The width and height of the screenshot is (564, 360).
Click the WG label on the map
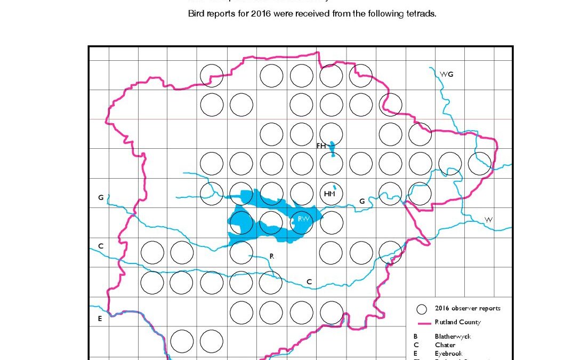[446, 74]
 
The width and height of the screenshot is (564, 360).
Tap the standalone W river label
[488, 220]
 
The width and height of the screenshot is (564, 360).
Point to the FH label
[321, 146]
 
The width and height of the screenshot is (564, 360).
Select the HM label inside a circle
[330, 194]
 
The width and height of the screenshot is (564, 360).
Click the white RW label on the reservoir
[303, 219]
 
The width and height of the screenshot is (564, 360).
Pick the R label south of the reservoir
[272, 256]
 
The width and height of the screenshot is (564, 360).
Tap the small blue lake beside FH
[332, 148]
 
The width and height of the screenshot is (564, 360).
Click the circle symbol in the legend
[422, 309]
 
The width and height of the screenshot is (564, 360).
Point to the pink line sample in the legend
[422, 323]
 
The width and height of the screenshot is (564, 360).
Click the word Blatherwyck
[453, 337]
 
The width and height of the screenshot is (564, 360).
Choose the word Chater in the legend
[445, 345]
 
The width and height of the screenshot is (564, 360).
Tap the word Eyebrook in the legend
[448, 354]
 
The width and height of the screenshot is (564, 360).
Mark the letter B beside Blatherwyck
[415, 337]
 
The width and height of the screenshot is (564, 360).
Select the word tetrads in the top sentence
[421, 14]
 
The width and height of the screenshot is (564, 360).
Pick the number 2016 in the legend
[442, 308]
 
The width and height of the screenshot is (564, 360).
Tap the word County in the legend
[470, 322]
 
